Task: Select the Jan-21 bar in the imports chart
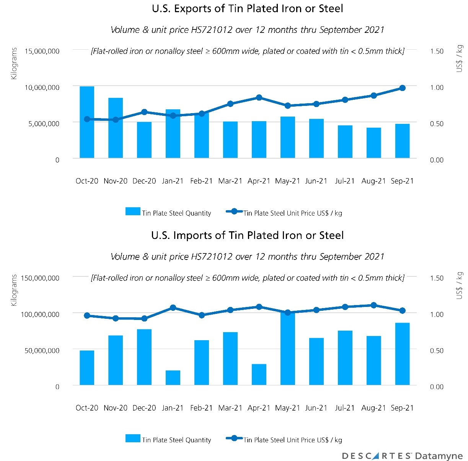tap(173, 378)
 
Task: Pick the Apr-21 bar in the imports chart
tap(259, 375)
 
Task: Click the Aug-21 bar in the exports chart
tap(373, 143)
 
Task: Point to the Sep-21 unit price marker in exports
tap(402, 88)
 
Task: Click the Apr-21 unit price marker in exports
tap(259, 97)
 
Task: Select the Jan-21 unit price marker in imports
tap(173, 307)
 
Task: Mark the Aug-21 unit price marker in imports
tap(374, 305)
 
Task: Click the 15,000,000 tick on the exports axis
tap(42, 51)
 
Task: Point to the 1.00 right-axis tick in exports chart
tap(437, 88)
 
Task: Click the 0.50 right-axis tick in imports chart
tap(437, 351)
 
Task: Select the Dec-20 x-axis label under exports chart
tap(144, 181)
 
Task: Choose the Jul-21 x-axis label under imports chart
tap(345, 408)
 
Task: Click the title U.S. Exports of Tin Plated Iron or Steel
tap(247, 9)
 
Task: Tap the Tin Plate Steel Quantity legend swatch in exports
tap(133, 211)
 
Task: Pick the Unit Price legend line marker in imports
tap(234, 438)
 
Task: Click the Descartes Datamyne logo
tap(402, 456)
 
